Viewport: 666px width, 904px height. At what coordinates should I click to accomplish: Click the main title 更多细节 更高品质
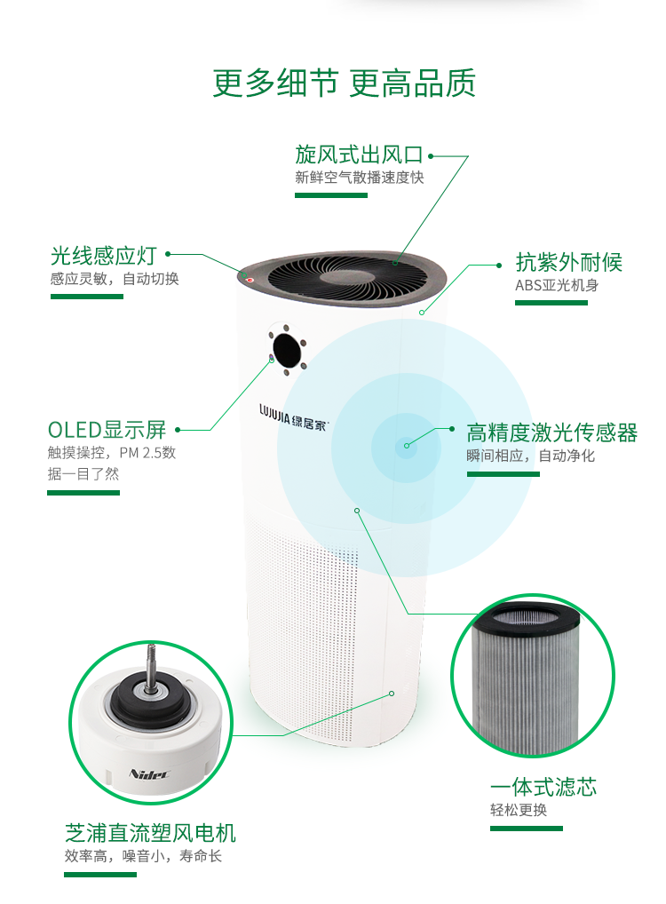pyautogui.click(x=344, y=83)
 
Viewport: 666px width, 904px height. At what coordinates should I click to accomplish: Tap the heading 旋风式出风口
pyautogui.click(x=359, y=155)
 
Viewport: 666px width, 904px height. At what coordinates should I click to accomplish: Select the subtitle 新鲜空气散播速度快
pyautogui.click(x=360, y=177)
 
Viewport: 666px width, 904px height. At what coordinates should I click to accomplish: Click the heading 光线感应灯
pyautogui.click(x=103, y=256)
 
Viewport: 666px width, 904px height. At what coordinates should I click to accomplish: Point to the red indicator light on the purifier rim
pyautogui.click(x=250, y=281)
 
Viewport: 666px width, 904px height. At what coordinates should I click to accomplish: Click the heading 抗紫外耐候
pyautogui.click(x=568, y=262)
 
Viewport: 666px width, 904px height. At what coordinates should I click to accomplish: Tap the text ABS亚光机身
pyautogui.click(x=557, y=285)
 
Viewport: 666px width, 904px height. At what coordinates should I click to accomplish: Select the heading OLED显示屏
pyautogui.click(x=107, y=430)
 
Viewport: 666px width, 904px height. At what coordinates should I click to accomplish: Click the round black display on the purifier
pyautogui.click(x=287, y=350)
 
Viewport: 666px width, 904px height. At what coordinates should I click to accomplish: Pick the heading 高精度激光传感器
pyautogui.click(x=551, y=433)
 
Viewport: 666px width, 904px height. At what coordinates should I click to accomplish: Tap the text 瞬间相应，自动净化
pyautogui.click(x=530, y=456)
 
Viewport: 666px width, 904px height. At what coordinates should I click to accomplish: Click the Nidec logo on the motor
pyautogui.click(x=149, y=773)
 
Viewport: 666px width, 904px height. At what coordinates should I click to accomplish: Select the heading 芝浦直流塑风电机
pyautogui.click(x=150, y=833)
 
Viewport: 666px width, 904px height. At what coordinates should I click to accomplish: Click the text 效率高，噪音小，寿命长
pyautogui.click(x=143, y=856)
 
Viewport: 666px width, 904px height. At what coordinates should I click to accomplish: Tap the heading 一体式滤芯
pyautogui.click(x=543, y=788)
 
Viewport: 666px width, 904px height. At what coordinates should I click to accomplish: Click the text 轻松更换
pyautogui.click(x=519, y=810)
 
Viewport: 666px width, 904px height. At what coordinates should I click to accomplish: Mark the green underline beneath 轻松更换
pyautogui.click(x=527, y=829)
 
